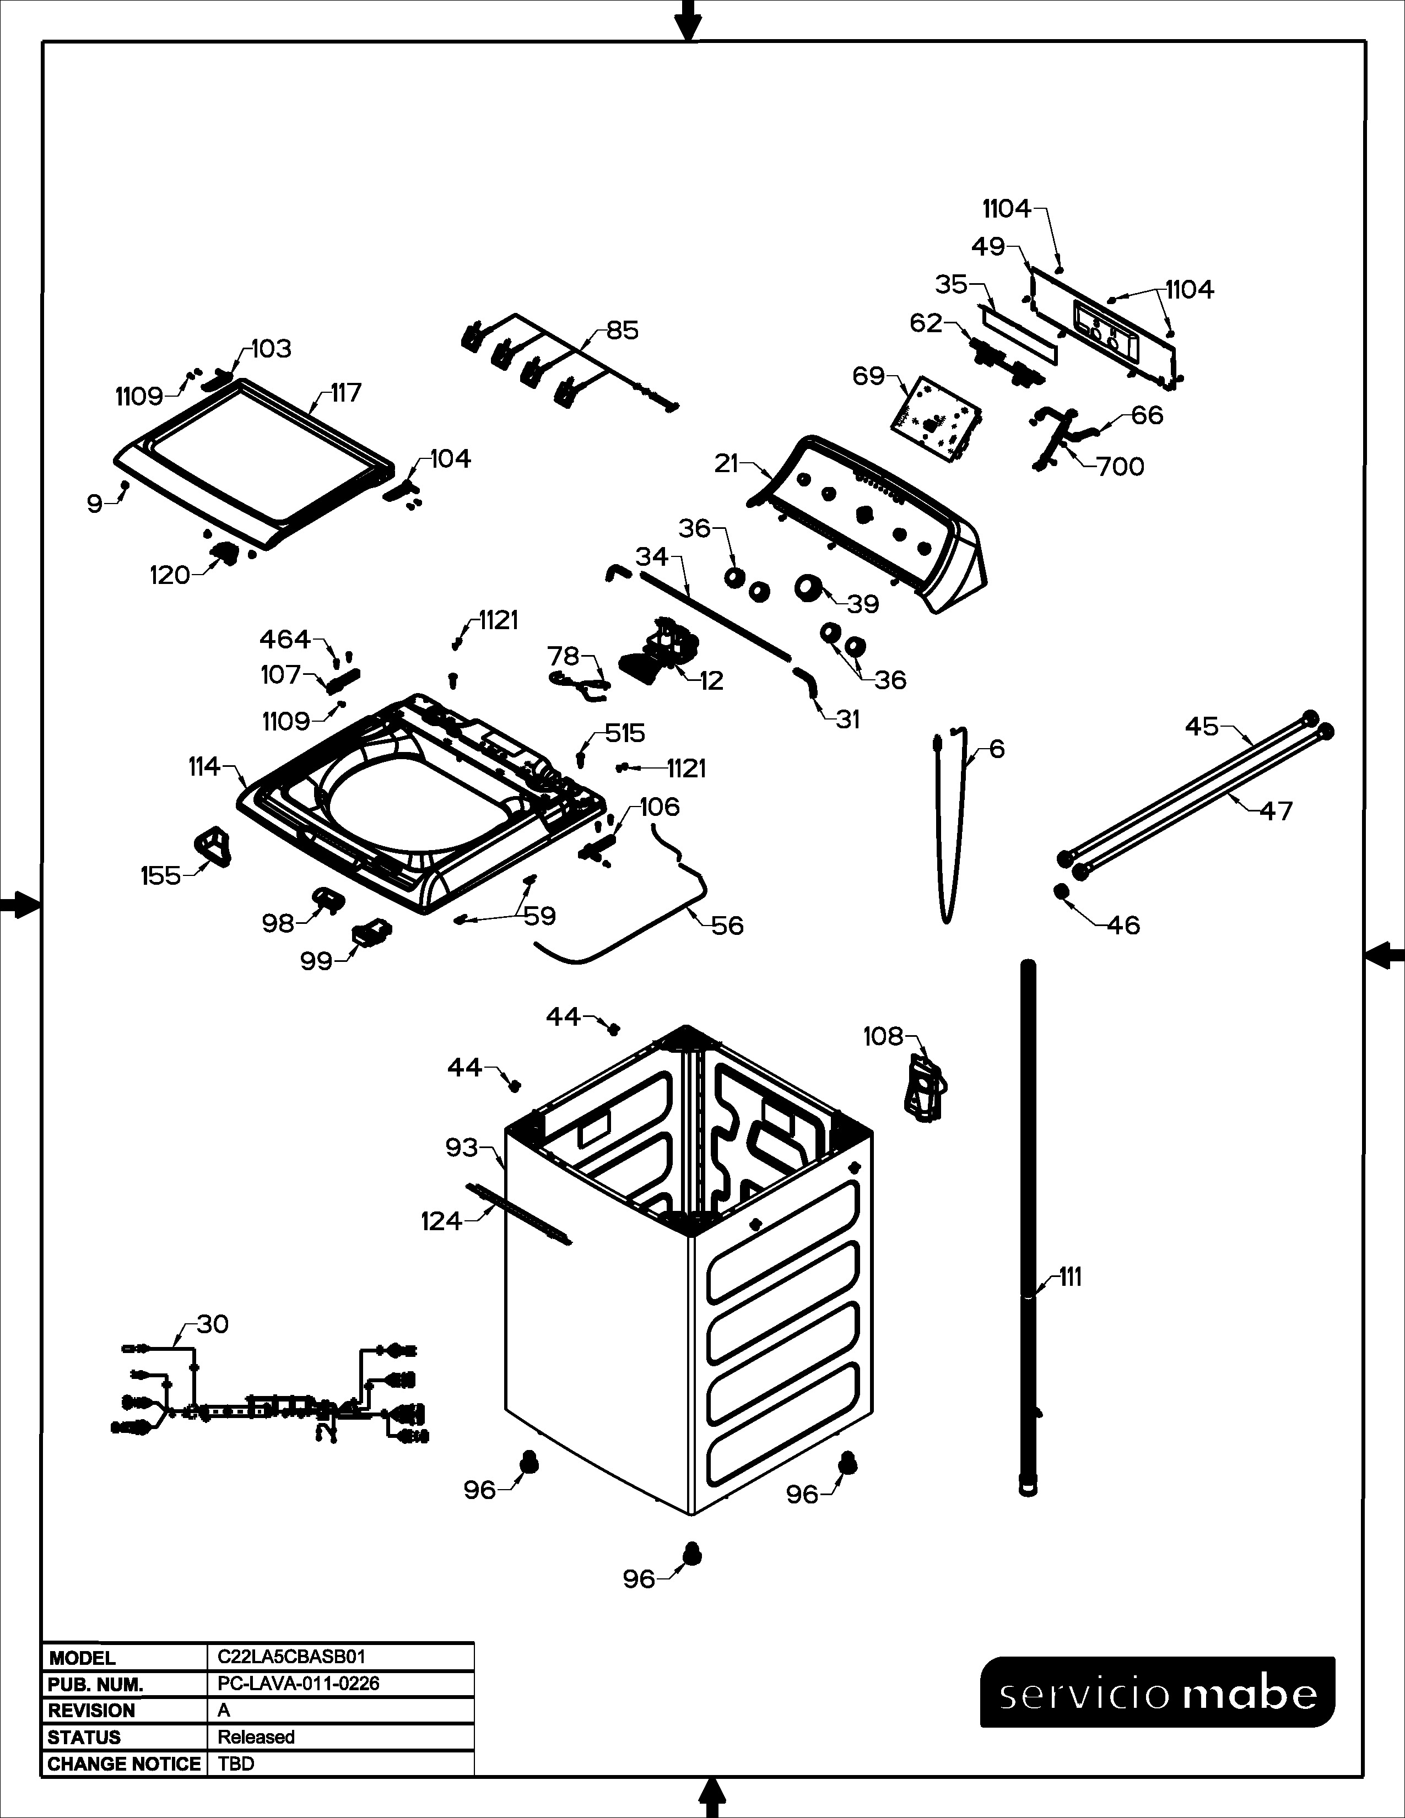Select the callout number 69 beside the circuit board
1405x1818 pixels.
click(868, 376)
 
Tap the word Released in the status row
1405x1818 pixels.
click(256, 1736)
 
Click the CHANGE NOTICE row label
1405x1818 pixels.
click(124, 1764)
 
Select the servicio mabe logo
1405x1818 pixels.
click(1158, 1692)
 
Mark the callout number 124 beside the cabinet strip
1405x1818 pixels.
click(441, 1221)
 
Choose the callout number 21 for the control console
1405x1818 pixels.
click(727, 464)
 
